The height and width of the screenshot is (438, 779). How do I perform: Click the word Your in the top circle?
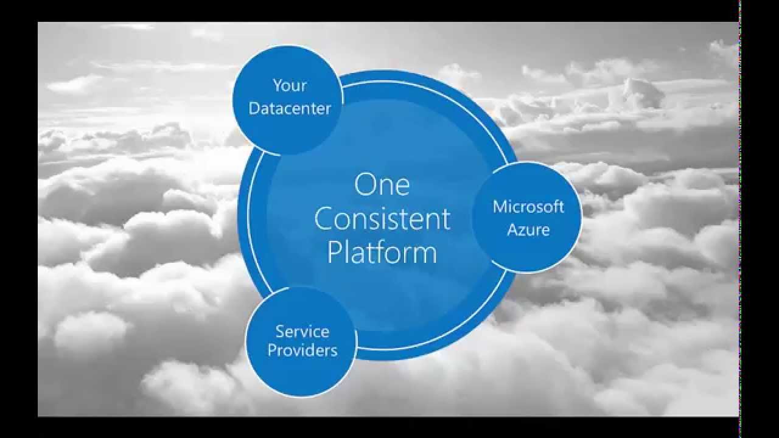pos(290,86)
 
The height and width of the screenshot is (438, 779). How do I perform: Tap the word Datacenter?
pos(290,109)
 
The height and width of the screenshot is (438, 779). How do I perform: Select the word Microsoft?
pos(528,207)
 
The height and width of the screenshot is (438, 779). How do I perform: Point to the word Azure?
pos(528,230)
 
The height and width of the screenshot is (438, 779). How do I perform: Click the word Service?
pos(302,332)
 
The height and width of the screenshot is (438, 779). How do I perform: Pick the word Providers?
pos(302,351)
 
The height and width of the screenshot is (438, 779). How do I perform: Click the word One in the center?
pos(382,184)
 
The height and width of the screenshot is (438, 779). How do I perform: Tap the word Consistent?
pos(382,218)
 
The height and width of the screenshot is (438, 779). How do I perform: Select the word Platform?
pos(382,252)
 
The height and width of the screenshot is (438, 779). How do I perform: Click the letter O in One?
pos(365,185)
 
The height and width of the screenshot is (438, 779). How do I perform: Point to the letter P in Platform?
pos(335,252)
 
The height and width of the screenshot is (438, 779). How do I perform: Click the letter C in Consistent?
pos(324,218)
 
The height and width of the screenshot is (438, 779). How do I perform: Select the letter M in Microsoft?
pos(500,207)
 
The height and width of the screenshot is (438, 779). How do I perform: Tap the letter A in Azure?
pos(513,230)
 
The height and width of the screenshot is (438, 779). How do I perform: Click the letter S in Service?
pos(279,332)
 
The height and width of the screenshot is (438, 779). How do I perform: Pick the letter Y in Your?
pos(277,86)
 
